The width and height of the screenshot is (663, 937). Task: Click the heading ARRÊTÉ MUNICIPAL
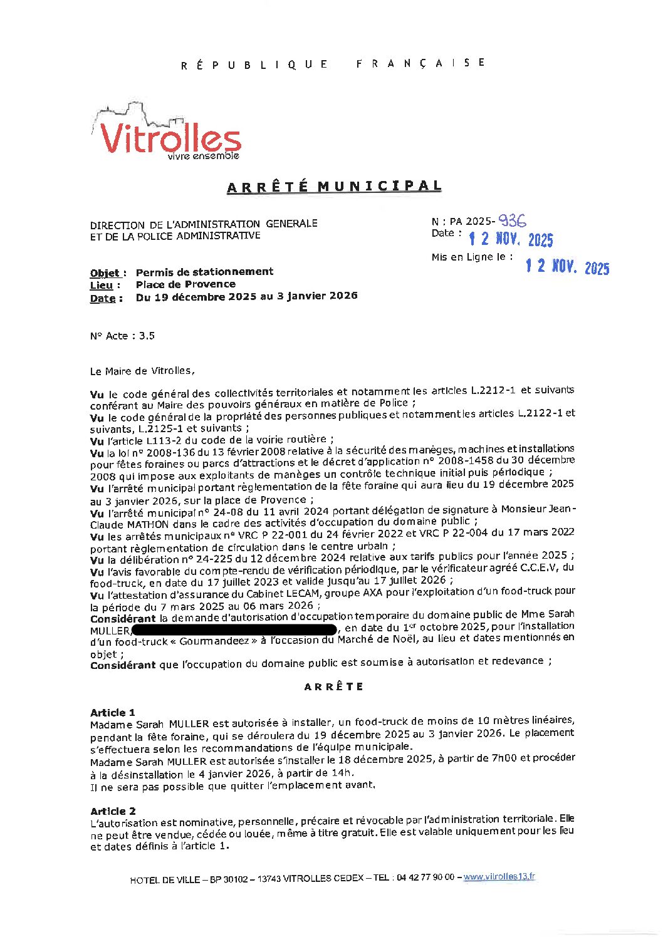coord(334,187)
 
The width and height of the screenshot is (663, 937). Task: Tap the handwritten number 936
coord(512,220)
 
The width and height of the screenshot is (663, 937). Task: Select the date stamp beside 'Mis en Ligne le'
coord(566,267)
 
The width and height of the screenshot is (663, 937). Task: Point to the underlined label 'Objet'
coord(105,273)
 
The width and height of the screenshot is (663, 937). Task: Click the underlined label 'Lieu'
coord(102,286)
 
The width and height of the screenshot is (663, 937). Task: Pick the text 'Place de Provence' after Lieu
coord(185,284)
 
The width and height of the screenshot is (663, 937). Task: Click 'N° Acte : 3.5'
coord(122,336)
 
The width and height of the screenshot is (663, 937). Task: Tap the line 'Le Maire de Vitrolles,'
coord(142,371)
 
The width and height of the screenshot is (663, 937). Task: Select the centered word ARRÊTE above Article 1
coord(333,686)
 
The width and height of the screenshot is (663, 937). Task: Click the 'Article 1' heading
coord(113,713)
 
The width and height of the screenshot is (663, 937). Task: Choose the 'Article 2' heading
coord(113,811)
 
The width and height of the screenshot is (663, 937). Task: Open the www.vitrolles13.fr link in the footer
coord(499,877)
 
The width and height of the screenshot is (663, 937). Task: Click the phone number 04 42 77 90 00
coord(424,877)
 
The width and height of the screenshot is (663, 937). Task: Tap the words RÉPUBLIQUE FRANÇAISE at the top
coord(333,64)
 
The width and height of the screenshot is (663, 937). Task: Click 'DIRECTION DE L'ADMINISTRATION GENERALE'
coord(204,224)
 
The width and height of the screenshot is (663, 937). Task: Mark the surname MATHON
coord(148,524)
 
